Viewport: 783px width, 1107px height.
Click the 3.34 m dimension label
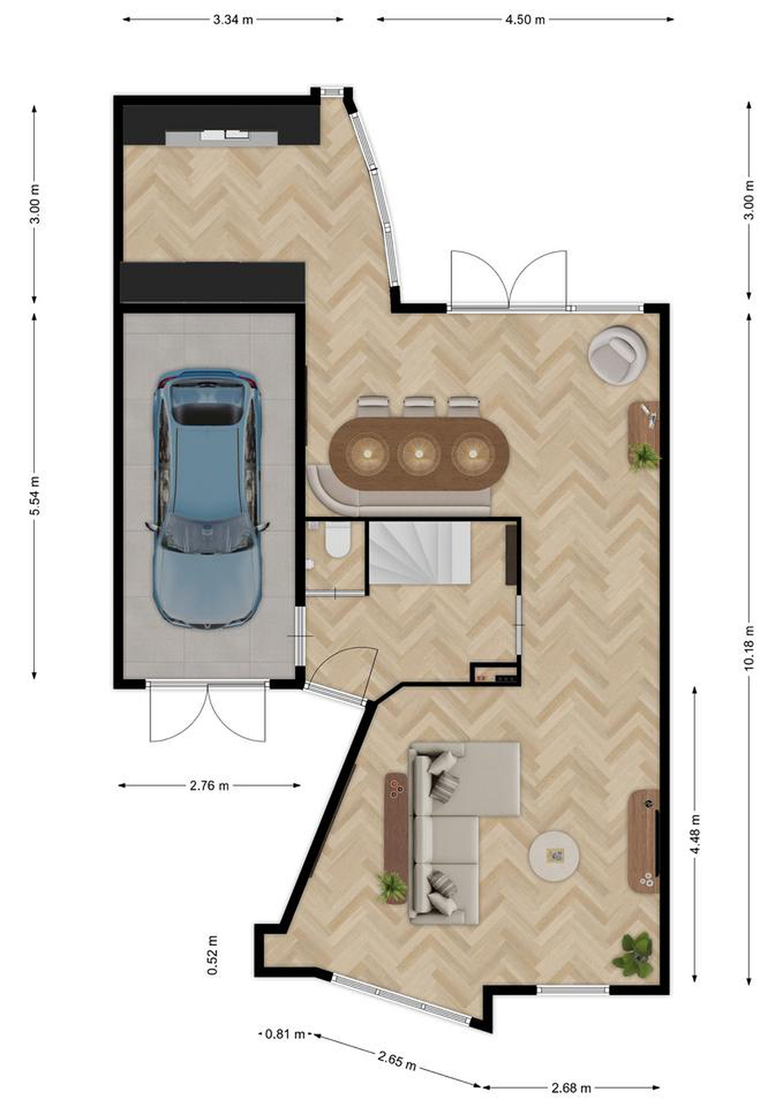[x=233, y=20]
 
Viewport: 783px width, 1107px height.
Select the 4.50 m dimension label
[x=525, y=20]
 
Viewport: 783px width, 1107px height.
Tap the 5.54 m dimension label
[x=35, y=495]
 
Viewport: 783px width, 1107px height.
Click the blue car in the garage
[x=207, y=499]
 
